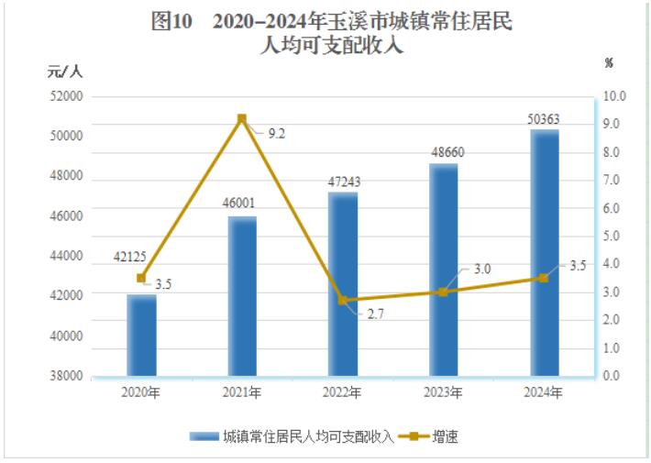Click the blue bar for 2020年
point(141,336)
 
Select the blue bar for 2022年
point(343,284)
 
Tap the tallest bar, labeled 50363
point(544,252)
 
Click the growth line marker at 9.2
point(242,119)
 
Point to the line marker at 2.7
point(343,300)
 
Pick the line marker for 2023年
point(443,292)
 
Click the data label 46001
point(242,203)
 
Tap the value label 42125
point(140,256)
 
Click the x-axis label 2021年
point(242,392)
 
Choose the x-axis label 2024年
point(544,392)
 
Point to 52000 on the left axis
point(66,95)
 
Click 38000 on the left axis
point(66,376)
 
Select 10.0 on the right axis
point(613,95)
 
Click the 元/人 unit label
point(65,71)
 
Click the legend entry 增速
point(440,436)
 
